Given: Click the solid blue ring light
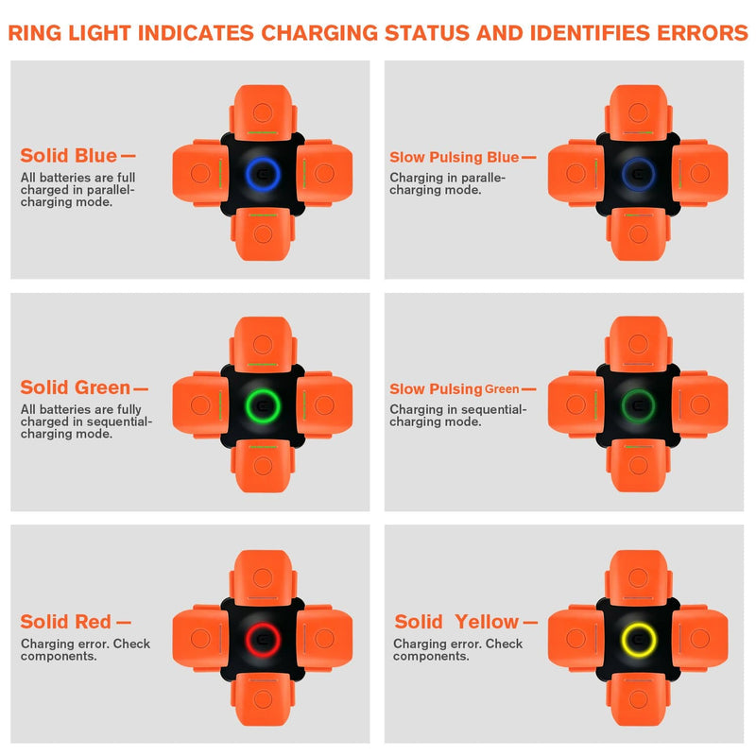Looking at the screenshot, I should pyautogui.click(x=261, y=172).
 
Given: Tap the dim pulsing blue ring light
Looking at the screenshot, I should pyautogui.click(x=637, y=172).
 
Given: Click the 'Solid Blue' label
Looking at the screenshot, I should pyautogui.click(x=69, y=156).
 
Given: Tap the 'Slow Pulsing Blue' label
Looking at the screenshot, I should pyautogui.click(x=455, y=158).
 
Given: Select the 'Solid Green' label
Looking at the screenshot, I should pyautogui.click(x=76, y=387).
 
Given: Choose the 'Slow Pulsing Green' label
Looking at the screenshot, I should pyautogui.click(x=455, y=389).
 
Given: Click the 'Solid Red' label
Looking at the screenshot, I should pyautogui.click(x=66, y=622).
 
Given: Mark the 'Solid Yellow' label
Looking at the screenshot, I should pyautogui.click(x=456, y=622).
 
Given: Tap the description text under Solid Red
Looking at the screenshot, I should pyautogui.click(x=85, y=650).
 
